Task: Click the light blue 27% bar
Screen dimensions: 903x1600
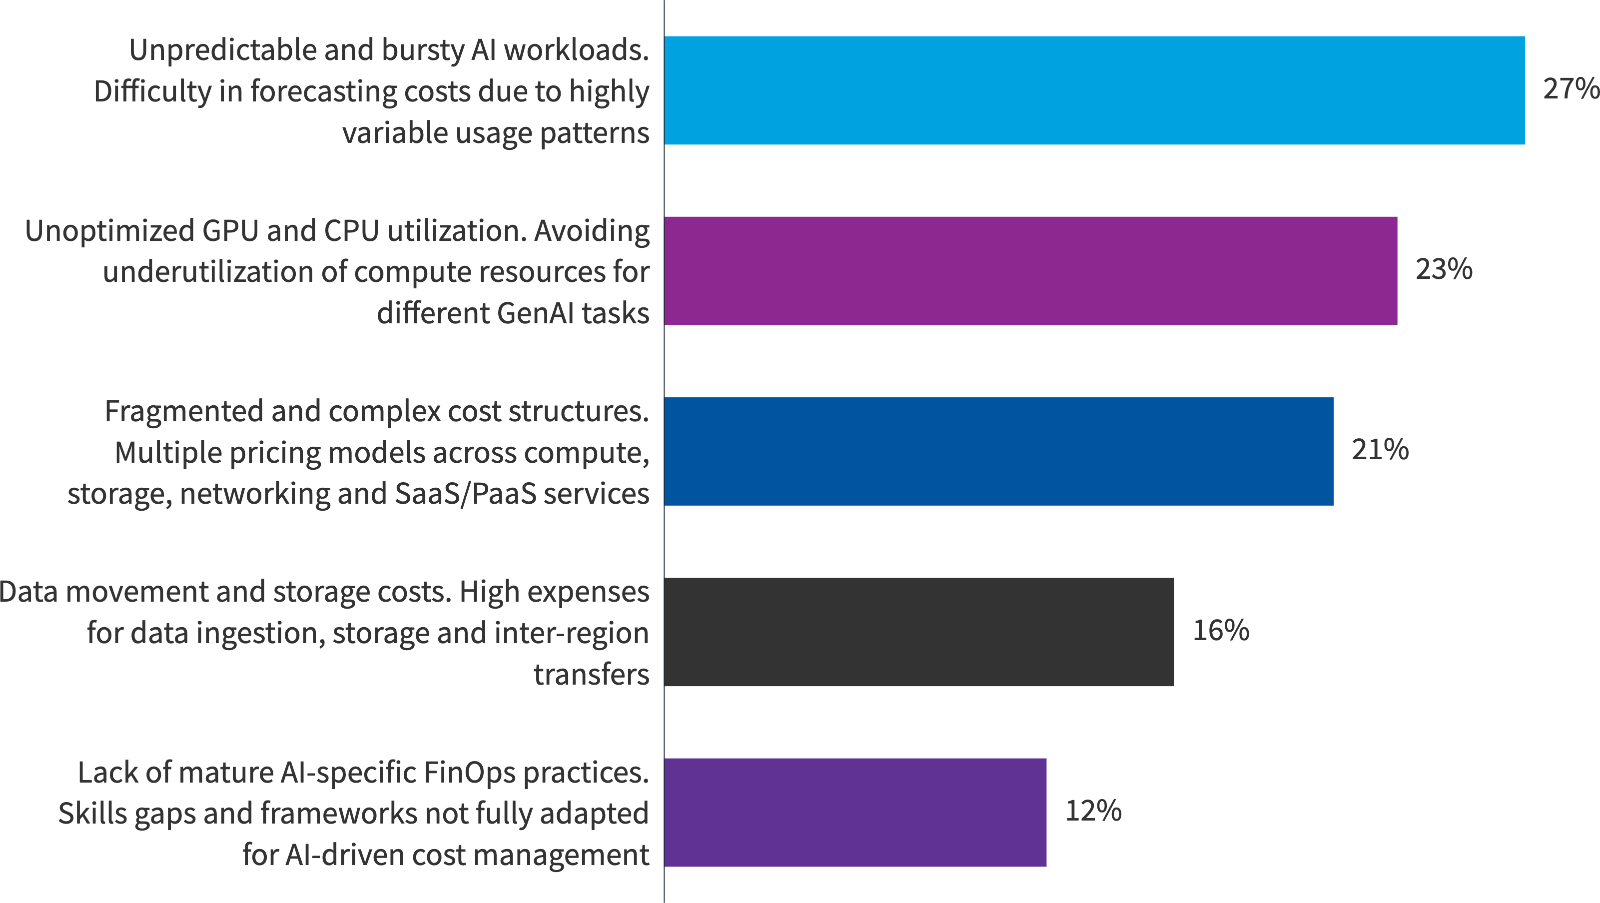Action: [x=1094, y=90]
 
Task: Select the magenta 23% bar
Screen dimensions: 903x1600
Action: [x=1030, y=271]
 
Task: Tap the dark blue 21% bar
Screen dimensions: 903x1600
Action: [x=998, y=452]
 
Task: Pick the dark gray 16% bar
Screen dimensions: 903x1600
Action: [x=918, y=632]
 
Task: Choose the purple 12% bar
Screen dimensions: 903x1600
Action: [x=854, y=813]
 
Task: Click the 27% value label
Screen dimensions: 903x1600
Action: [x=1570, y=89]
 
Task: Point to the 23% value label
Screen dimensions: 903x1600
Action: [x=1444, y=269]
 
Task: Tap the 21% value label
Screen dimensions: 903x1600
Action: [x=1380, y=450]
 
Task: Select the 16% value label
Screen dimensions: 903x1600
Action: [x=1221, y=630]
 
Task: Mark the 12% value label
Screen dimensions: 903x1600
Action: [x=1093, y=811]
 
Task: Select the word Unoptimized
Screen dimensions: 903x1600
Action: [x=109, y=231]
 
